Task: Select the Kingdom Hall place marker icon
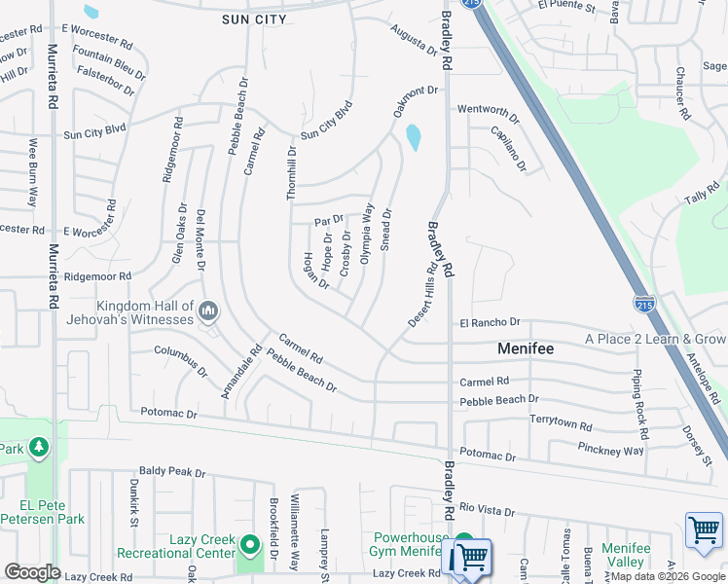click(x=206, y=311)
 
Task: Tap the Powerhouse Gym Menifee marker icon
click(x=464, y=542)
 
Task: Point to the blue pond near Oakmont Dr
click(x=414, y=137)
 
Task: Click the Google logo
click(x=32, y=572)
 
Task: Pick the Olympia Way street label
click(x=367, y=233)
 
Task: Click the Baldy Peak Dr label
click(x=172, y=473)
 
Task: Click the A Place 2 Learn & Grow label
click(x=655, y=339)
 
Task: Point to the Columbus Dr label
click(x=180, y=359)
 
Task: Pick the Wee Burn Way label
click(x=32, y=172)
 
